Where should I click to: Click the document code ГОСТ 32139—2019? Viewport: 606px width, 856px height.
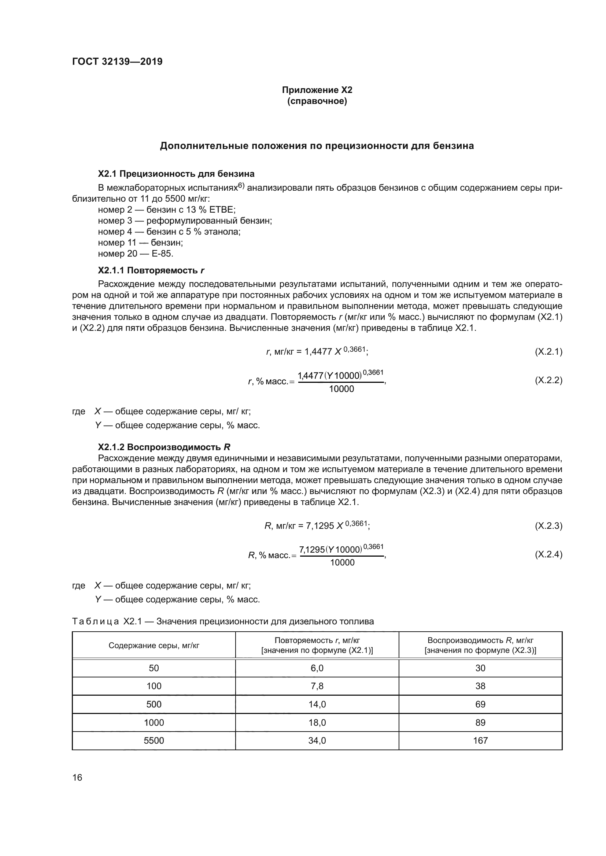(x=117, y=61)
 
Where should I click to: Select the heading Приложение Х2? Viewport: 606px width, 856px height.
(x=317, y=90)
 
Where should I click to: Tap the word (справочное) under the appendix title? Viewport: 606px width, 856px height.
(x=317, y=101)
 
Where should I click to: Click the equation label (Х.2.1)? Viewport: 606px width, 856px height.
(x=548, y=352)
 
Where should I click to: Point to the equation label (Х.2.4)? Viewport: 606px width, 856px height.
(x=548, y=554)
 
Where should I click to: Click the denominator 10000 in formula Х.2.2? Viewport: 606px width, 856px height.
(x=341, y=389)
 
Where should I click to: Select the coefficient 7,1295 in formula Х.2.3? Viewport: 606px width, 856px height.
(x=320, y=526)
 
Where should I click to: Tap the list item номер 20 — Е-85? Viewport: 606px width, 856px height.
(x=136, y=254)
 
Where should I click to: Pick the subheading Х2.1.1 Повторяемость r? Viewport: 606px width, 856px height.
(x=151, y=270)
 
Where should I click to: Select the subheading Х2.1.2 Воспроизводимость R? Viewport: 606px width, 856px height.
(x=164, y=447)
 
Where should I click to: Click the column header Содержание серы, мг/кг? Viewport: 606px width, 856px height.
(x=154, y=645)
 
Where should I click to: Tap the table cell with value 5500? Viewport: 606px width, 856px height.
(x=154, y=740)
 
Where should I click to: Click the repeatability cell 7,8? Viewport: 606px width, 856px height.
(x=317, y=686)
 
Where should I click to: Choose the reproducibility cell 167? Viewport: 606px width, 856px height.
(x=480, y=740)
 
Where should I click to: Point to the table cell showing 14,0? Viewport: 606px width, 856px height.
(x=317, y=704)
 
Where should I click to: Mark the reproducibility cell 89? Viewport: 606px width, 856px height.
(x=480, y=722)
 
